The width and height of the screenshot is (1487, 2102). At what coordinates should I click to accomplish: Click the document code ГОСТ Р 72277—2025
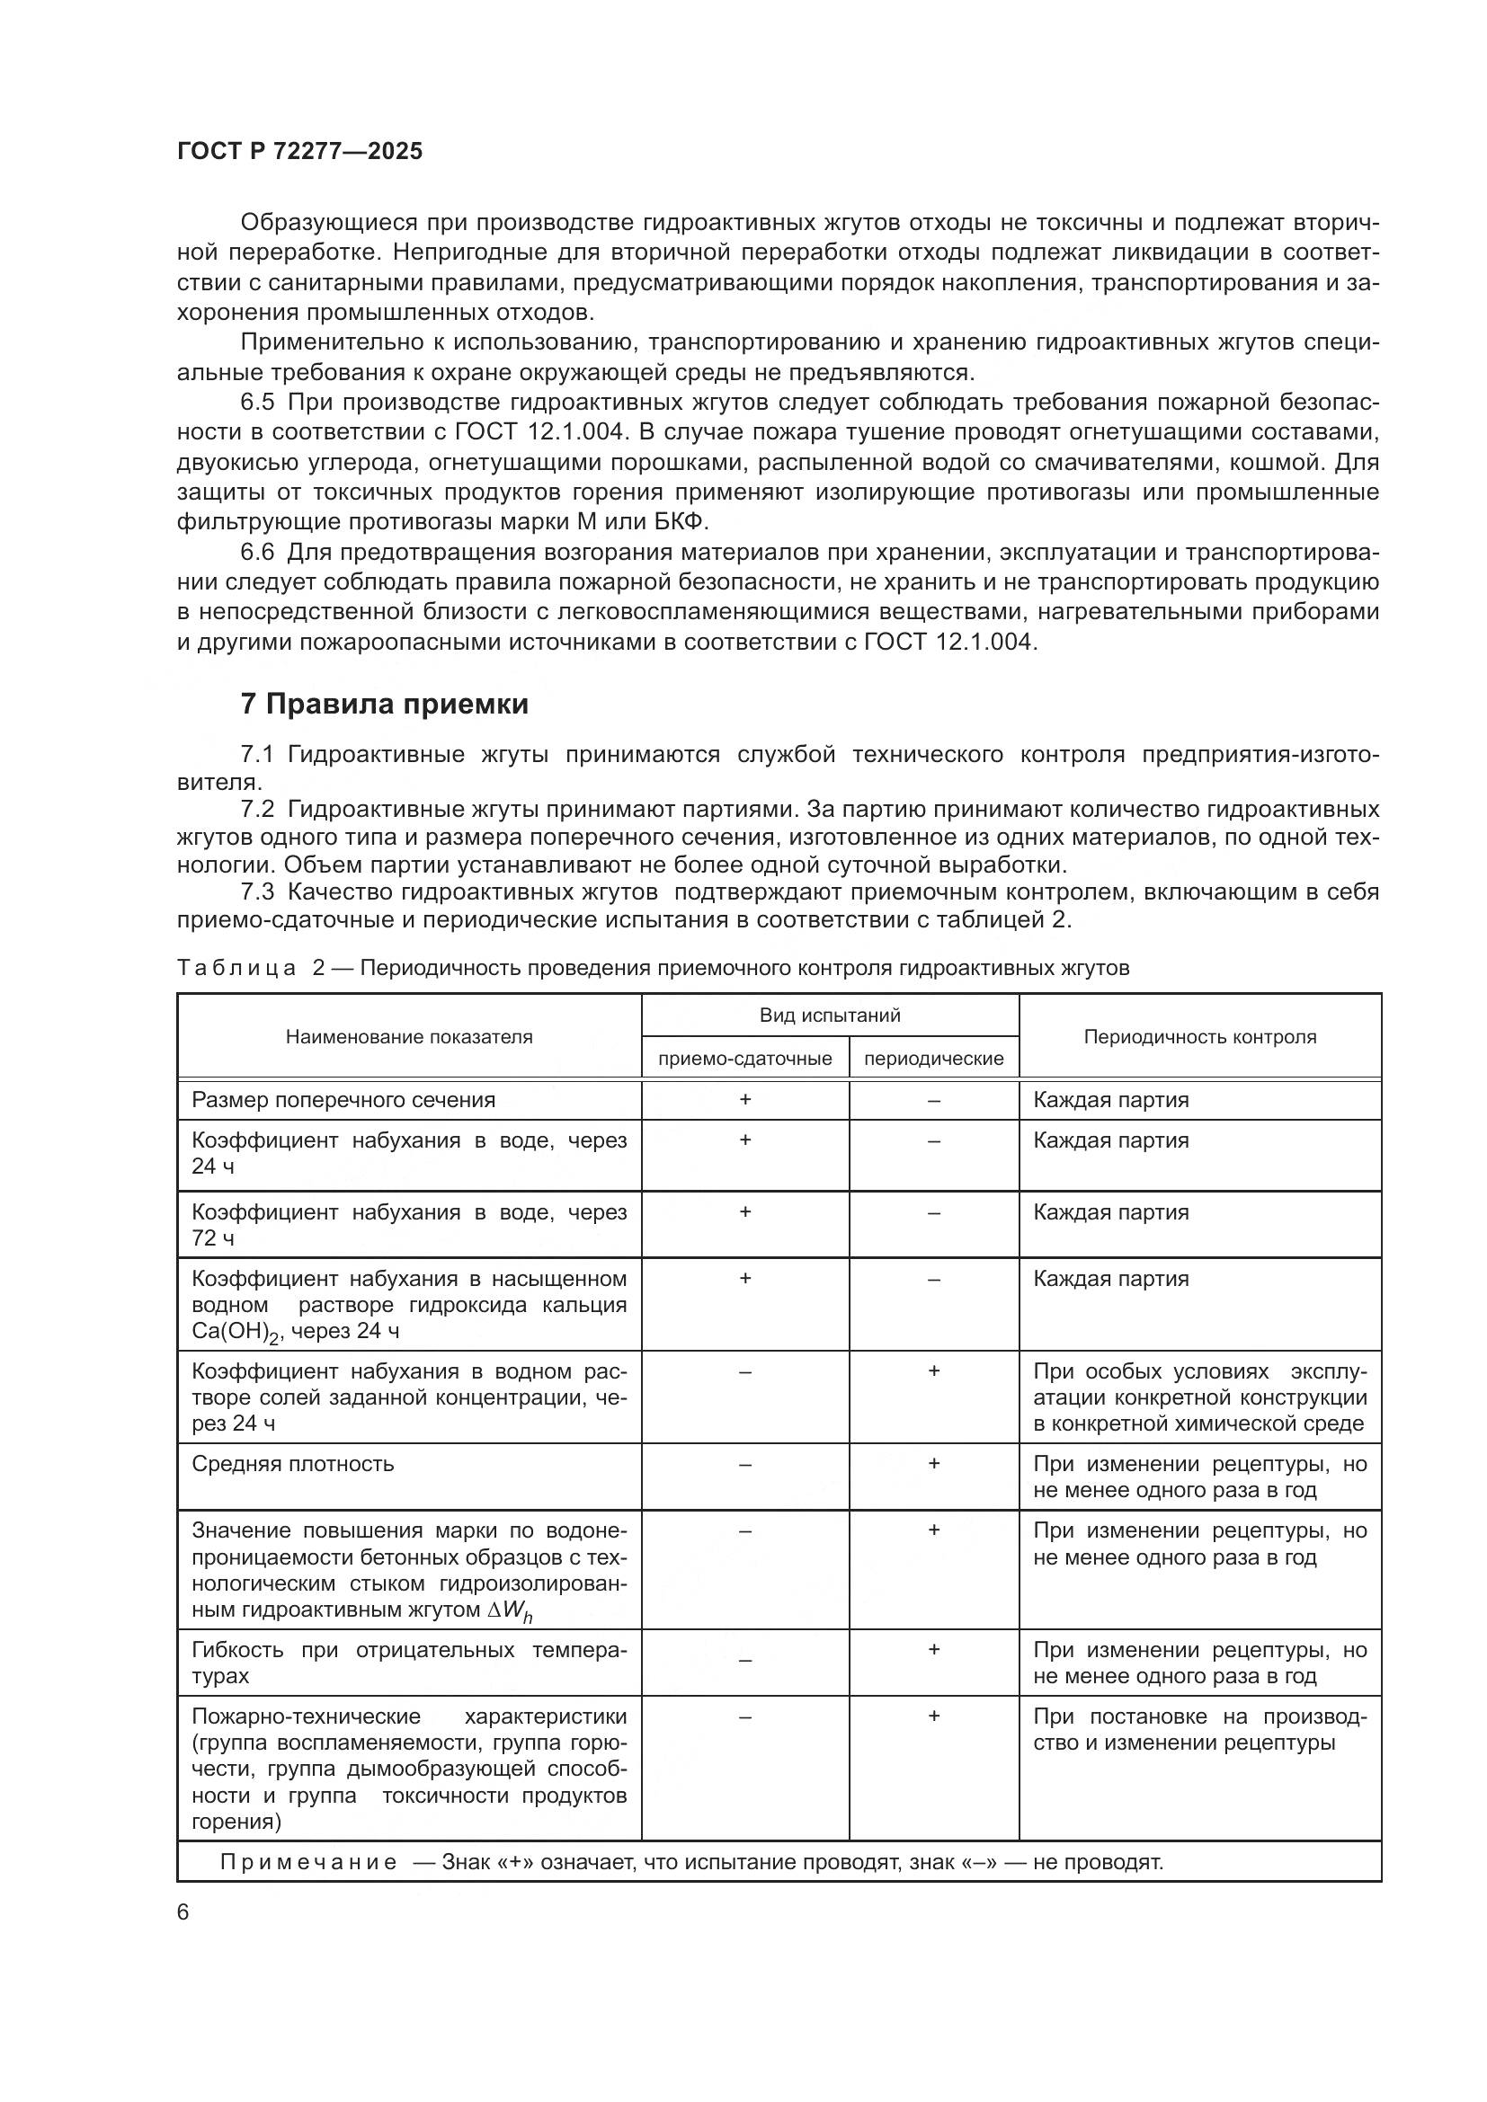299,151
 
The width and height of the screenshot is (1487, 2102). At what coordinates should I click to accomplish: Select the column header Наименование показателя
408,1036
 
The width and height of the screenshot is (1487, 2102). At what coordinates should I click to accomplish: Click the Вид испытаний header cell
830,1015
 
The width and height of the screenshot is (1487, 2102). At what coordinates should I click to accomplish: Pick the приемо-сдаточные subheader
744,1059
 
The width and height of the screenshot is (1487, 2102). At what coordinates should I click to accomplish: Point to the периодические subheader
933,1059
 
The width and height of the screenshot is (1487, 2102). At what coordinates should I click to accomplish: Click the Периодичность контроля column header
1199,1036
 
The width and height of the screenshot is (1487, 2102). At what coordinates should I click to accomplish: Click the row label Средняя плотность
293,1463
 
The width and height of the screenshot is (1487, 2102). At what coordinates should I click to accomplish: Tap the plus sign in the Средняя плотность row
933,1463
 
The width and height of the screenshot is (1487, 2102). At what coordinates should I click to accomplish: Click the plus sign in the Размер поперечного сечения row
744,1099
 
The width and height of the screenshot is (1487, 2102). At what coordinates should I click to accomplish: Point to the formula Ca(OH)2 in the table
234,1332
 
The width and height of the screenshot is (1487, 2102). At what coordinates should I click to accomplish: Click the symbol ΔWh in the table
511,1611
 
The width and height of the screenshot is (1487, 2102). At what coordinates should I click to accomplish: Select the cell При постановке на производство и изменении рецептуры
1199,1729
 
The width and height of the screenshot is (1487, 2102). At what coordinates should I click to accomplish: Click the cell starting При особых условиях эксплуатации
1199,1397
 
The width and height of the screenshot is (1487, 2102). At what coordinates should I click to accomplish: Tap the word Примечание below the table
308,1862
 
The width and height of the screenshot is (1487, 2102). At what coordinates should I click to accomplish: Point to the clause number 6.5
257,402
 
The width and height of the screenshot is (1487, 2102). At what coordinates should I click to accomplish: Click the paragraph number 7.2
257,810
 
